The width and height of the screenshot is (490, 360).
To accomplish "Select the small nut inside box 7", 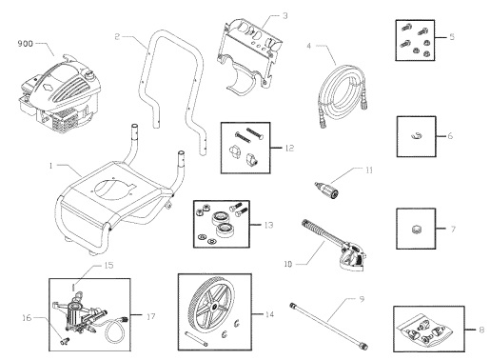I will tap(417, 230).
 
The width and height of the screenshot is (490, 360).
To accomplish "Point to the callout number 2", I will tap(115, 37).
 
